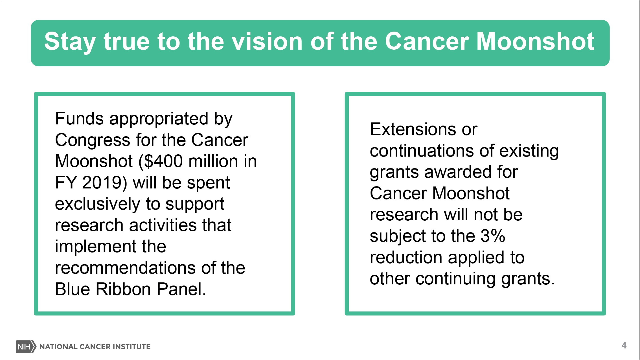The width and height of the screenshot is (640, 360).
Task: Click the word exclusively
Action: point(98,204)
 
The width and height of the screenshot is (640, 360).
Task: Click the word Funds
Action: point(79,118)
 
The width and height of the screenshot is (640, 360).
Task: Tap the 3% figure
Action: point(493,236)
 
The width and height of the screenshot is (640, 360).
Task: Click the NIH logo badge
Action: point(26,346)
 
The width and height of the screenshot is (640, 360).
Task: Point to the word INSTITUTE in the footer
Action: point(131,346)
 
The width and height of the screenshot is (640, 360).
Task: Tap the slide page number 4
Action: point(624,345)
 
